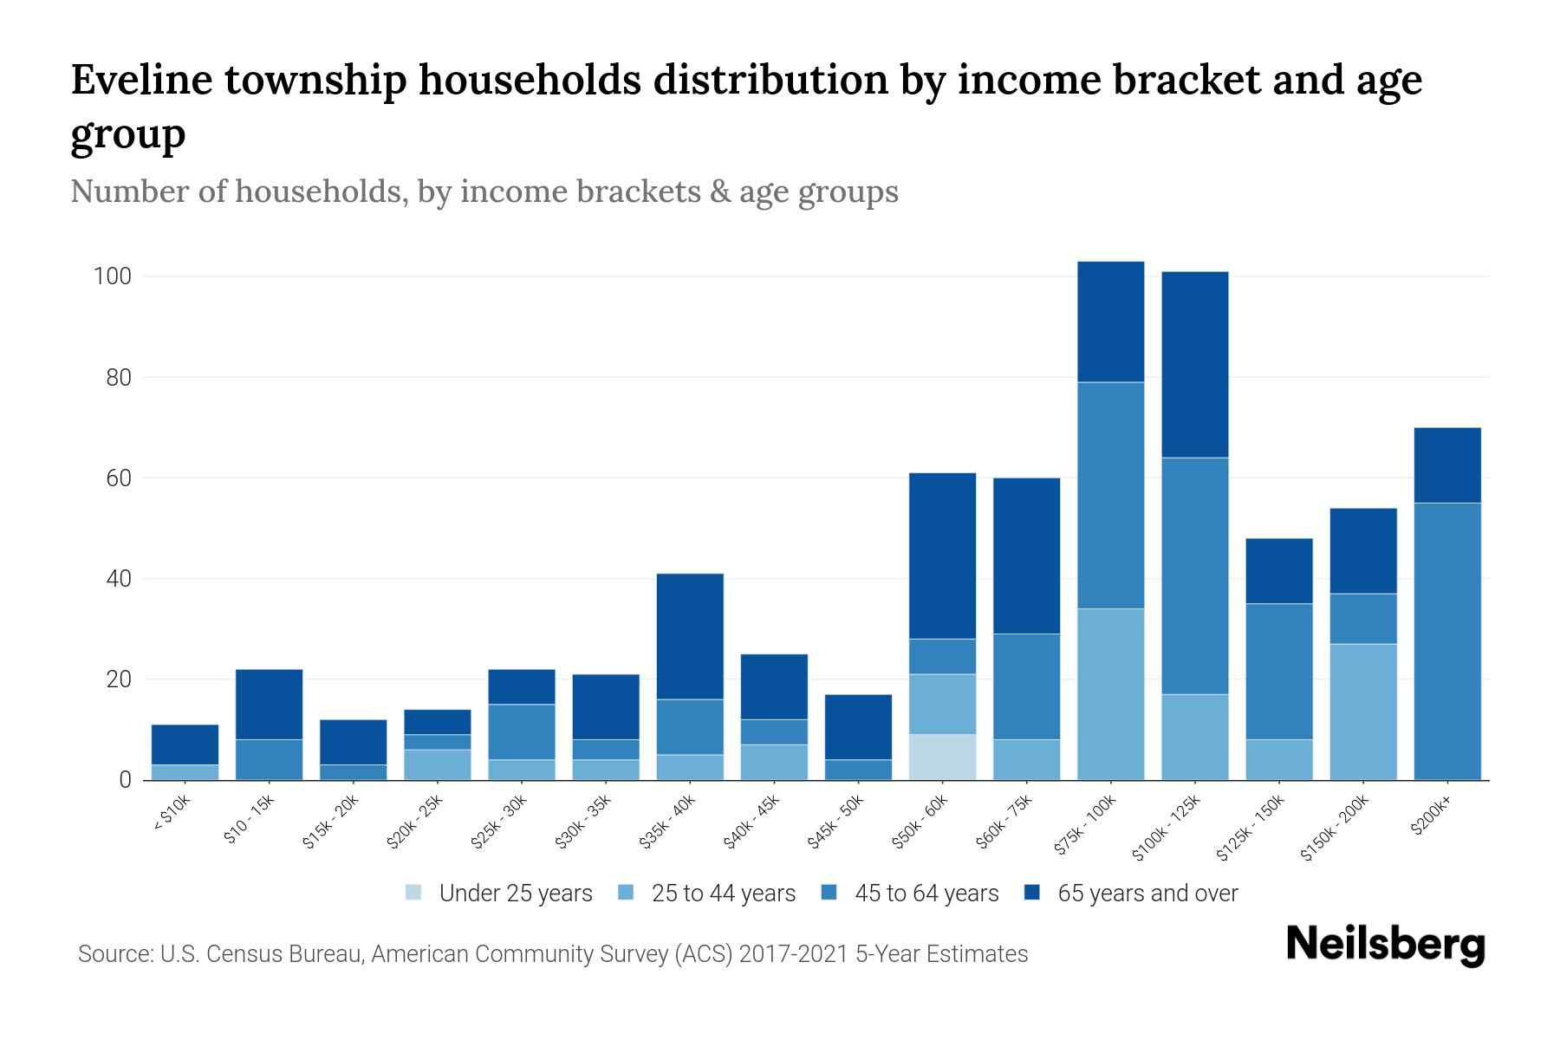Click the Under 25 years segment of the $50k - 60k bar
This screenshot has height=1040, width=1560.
click(x=942, y=757)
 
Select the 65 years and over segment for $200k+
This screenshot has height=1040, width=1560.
click(x=1446, y=465)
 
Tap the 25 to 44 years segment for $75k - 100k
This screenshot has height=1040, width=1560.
click(x=1110, y=693)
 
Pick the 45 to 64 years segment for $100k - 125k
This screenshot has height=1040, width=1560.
click(x=1194, y=575)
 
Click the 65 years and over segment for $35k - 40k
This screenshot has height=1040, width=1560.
click(x=690, y=636)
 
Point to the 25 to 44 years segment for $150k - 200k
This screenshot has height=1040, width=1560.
click(x=1362, y=712)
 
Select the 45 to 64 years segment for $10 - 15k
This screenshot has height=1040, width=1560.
click(x=269, y=759)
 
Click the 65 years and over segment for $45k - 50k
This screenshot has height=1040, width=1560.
click(x=858, y=727)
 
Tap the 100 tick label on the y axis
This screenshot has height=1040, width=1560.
click(x=112, y=277)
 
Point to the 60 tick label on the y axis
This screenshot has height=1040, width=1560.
click(x=118, y=478)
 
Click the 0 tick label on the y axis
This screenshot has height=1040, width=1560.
click(x=125, y=780)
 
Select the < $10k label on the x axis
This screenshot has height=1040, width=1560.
click(x=172, y=814)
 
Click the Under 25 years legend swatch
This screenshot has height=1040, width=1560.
click(x=414, y=893)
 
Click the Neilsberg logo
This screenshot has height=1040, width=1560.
click(x=1385, y=945)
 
